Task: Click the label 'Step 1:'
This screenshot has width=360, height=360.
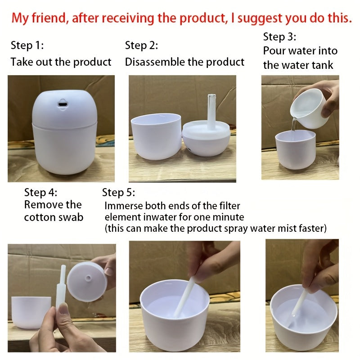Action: [x=27, y=45]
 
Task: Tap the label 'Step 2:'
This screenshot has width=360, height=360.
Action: [x=141, y=45]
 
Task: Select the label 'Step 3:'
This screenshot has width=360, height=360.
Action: [x=279, y=36]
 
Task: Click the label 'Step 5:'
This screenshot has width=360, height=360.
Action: [x=118, y=193]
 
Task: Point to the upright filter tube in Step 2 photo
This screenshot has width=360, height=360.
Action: [x=210, y=111]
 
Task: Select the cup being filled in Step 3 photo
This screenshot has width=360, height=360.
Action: [x=295, y=149]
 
